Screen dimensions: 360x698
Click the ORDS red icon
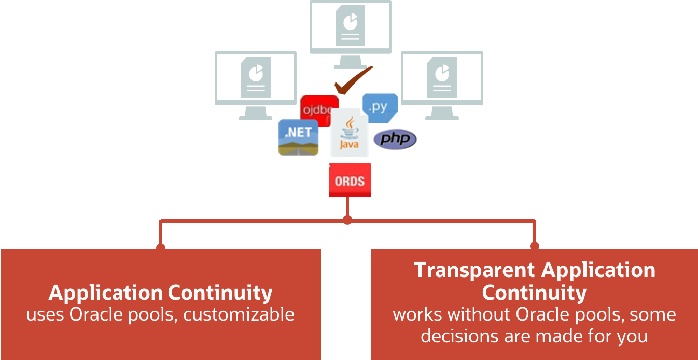click(350, 181)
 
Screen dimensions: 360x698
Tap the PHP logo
click(395, 139)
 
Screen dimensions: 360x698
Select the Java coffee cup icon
click(348, 133)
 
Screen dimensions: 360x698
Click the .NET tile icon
click(298, 137)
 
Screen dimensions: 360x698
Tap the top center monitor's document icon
click(350, 25)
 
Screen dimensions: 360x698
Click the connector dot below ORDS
click(347, 220)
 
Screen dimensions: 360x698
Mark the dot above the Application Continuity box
click(161, 247)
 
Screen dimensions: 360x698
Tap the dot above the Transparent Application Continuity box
click(534, 246)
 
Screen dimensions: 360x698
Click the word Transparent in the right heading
click(474, 270)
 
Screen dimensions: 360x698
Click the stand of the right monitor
click(442, 113)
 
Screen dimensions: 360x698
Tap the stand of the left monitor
click(256, 113)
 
